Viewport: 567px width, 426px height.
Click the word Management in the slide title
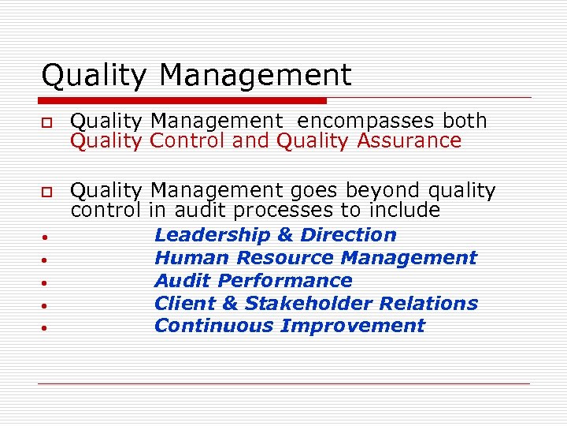tap(255, 77)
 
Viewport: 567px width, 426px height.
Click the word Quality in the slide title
tap(94, 77)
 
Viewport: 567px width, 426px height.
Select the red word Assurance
tap(409, 141)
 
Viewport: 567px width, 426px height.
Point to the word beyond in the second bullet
tap(383, 191)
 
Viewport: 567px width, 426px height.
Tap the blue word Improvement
tap(353, 326)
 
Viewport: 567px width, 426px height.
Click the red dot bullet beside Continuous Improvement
tap(47, 327)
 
